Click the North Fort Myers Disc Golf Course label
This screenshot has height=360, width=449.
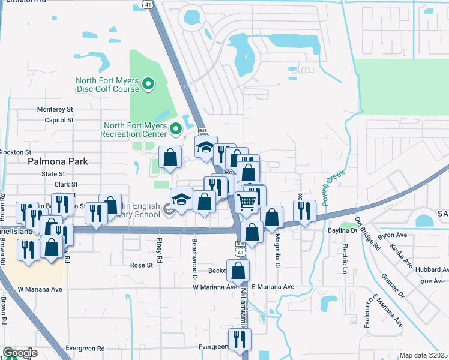click(x=108, y=85)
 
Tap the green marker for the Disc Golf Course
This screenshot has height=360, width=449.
click(x=149, y=83)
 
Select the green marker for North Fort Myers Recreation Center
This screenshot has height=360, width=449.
click(x=176, y=129)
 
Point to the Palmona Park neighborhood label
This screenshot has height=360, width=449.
click(x=58, y=161)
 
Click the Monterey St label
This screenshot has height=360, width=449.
click(x=55, y=110)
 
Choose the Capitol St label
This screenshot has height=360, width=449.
click(x=59, y=120)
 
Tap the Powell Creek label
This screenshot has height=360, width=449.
click(x=333, y=188)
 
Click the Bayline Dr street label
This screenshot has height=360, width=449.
click(x=343, y=230)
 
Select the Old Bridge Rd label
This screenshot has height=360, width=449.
click(x=368, y=233)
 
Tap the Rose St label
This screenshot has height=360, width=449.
click(x=142, y=265)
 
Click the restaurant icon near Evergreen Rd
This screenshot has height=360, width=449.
click(x=240, y=339)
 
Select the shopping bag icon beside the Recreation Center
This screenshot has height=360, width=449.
click(x=170, y=157)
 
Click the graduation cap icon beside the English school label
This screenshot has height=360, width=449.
click(x=181, y=199)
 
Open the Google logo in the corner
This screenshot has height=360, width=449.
click(x=20, y=353)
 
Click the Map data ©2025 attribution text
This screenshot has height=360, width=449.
click(x=423, y=355)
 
